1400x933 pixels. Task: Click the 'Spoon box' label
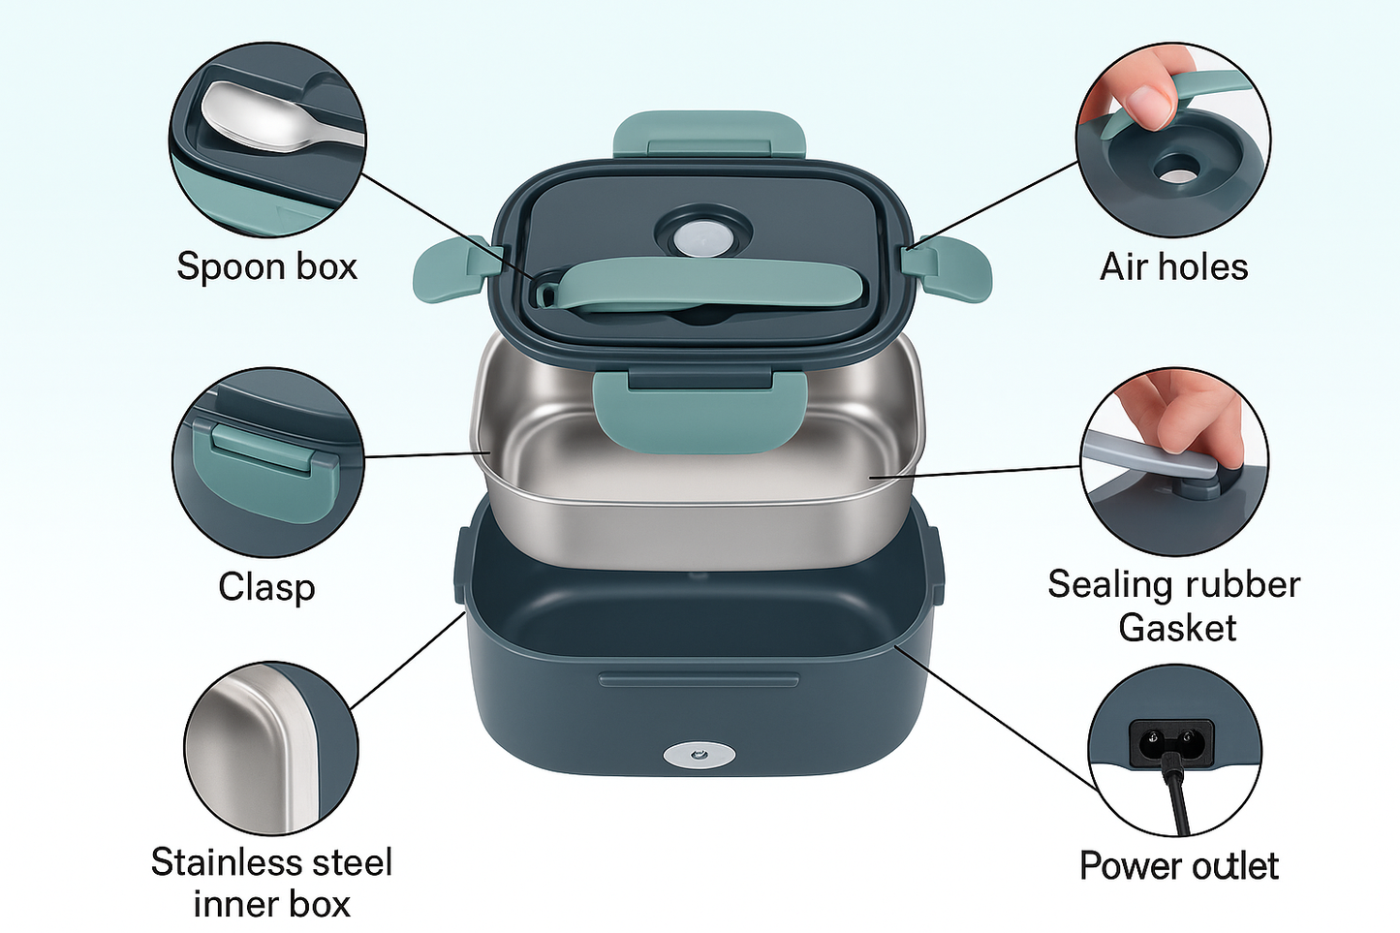(x=266, y=266)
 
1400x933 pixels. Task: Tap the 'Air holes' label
(x=1173, y=266)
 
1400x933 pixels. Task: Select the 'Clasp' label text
(x=266, y=587)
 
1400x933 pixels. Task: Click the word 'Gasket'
(x=1177, y=628)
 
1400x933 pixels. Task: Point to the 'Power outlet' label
(x=1179, y=866)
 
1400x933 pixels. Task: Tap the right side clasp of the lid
(x=948, y=268)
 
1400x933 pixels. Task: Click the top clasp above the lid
(x=709, y=135)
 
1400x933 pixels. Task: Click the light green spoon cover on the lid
(x=709, y=285)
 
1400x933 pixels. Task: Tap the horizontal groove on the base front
(x=699, y=679)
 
